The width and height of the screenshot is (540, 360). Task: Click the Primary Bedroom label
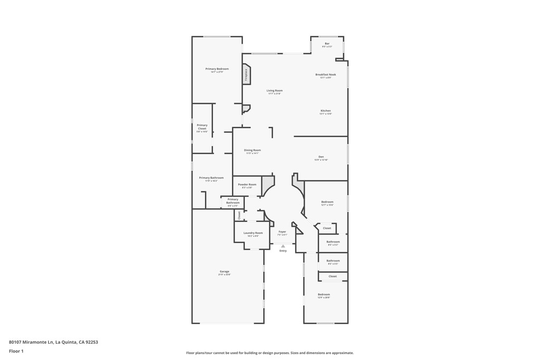(x=217, y=69)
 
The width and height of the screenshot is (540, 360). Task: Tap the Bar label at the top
(x=327, y=43)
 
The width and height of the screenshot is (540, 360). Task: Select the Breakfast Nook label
(x=325, y=75)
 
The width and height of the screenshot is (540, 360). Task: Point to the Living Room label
(x=274, y=91)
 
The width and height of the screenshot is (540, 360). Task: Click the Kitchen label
(x=325, y=111)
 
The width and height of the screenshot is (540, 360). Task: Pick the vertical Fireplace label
(x=246, y=75)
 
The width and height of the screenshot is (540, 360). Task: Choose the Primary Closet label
(x=202, y=127)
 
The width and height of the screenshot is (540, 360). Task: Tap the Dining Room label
(x=253, y=150)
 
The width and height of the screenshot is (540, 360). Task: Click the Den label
(x=321, y=157)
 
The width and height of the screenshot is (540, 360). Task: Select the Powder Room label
(x=247, y=184)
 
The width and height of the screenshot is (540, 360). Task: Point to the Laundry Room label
(x=253, y=233)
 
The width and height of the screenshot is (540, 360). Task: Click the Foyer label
(x=282, y=232)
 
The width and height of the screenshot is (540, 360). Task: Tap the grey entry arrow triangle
(x=283, y=246)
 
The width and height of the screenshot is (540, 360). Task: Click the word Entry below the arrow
(x=283, y=251)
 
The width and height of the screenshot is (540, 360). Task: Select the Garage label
(x=225, y=271)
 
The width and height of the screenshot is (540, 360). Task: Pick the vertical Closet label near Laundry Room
(x=239, y=215)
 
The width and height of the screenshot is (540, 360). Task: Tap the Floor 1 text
(x=16, y=351)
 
